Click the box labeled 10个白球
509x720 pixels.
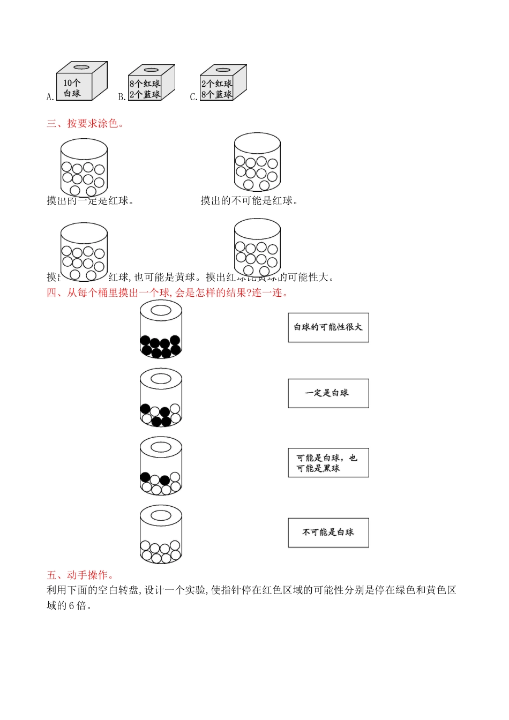coord(81,81)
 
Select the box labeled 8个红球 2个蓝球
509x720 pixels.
coord(151,84)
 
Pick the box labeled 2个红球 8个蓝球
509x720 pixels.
coord(223,84)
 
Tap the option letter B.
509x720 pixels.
coord(121,97)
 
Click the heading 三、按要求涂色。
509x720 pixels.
coord(86,124)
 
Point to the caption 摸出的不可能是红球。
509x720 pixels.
coord(250,201)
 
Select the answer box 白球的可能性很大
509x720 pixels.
coord(328,327)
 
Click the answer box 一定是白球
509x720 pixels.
coord(328,393)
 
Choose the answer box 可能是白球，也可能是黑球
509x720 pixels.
coord(328,463)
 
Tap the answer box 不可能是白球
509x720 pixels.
coord(328,532)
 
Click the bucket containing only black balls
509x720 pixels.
coord(161,329)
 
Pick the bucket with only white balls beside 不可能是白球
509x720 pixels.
coord(161,536)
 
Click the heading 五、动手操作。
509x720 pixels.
coord(81,575)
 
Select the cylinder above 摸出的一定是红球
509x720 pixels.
coord(84,168)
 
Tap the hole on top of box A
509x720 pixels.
coord(81,67)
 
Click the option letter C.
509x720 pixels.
coord(193,97)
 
